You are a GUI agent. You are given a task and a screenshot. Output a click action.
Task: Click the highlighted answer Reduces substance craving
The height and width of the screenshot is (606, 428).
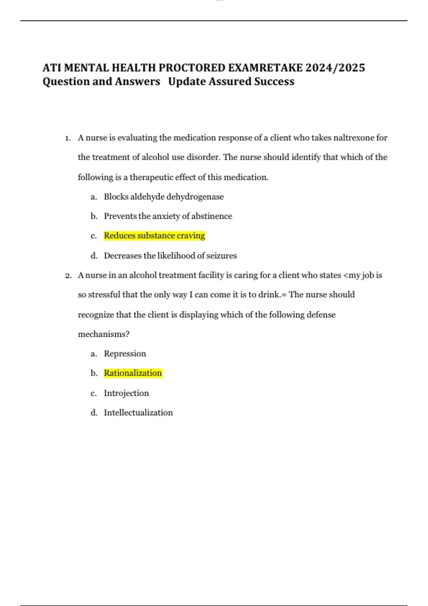click(x=154, y=236)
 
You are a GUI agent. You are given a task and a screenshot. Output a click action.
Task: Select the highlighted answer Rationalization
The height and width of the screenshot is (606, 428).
click(x=133, y=373)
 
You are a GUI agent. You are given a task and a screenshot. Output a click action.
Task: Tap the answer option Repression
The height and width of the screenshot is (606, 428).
click(x=125, y=354)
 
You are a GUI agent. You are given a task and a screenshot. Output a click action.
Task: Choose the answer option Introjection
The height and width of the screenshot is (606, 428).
click(x=126, y=393)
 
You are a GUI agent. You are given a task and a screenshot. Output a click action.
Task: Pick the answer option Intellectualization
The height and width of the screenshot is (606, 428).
click(x=138, y=413)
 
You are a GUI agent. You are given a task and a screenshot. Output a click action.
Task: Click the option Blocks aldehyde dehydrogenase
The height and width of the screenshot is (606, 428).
click(x=164, y=197)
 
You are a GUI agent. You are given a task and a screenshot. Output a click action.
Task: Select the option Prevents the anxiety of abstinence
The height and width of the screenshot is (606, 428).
click(x=168, y=216)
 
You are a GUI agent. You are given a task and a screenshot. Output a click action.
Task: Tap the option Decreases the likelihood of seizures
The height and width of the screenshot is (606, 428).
click(x=170, y=256)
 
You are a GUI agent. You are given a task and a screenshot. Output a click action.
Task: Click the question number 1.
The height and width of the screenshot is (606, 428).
click(x=68, y=138)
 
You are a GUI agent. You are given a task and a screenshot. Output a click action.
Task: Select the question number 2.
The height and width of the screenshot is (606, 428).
click(x=68, y=276)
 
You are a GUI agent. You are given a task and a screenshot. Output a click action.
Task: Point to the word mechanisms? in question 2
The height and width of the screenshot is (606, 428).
click(x=103, y=334)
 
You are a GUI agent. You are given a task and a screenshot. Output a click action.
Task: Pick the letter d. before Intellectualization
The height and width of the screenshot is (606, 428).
click(x=94, y=413)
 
